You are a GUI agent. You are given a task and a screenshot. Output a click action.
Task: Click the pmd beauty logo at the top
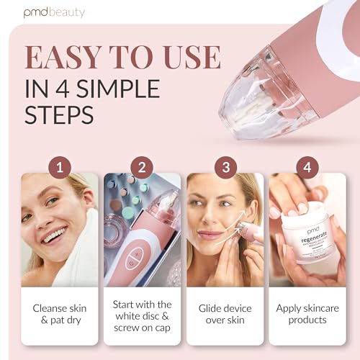click(54, 12)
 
